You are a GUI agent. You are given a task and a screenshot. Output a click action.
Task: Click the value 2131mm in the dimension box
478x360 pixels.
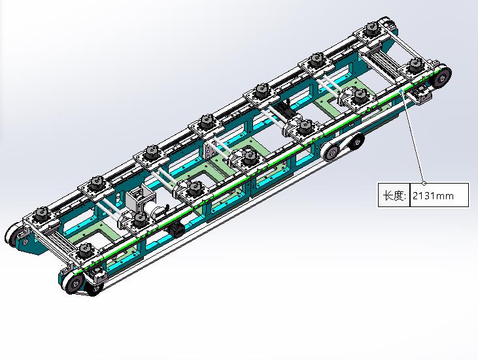point(433,195)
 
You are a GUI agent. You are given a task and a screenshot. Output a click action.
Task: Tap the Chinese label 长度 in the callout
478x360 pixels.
point(393,195)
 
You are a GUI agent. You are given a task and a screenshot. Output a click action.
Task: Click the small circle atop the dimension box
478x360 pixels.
point(424,183)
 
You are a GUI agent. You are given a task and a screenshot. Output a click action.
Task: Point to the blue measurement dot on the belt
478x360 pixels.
point(401,91)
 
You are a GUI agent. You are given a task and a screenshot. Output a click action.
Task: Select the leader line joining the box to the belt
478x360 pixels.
point(413,137)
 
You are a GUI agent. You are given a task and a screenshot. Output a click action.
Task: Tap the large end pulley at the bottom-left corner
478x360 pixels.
point(73,284)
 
